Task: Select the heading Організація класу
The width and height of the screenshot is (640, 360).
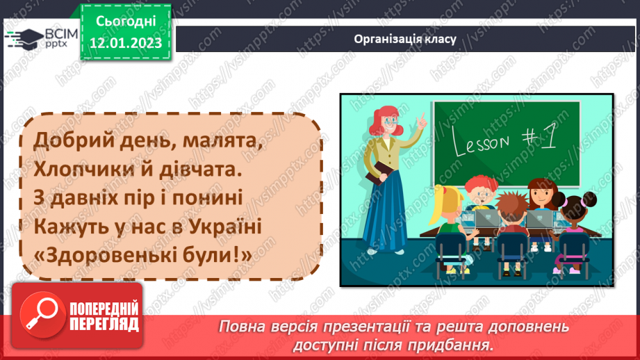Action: coord(404,39)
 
